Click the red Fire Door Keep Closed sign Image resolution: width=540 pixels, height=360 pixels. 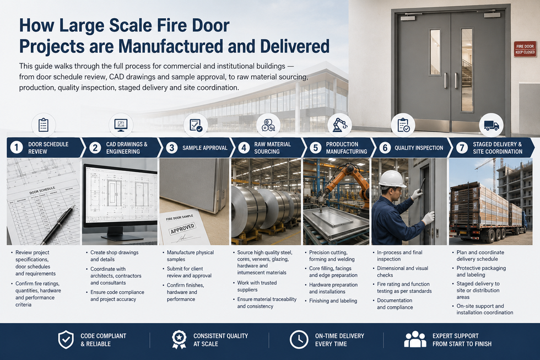[x=525, y=49]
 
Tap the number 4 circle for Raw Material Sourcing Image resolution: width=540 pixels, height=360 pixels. [x=244, y=148]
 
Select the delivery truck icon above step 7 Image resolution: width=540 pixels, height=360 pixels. [x=492, y=125]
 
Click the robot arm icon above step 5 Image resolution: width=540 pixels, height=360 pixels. [x=340, y=125]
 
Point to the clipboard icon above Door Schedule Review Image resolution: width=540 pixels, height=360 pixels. [x=44, y=125]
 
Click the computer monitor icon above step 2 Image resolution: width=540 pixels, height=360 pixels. [x=121, y=125]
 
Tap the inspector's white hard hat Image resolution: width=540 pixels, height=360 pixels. [x=392, y=179]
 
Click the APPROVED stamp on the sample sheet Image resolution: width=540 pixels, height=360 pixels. [x=182, y=228]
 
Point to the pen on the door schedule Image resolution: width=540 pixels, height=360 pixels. [x=58, y=224]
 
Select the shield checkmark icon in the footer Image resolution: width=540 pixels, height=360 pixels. [x=66, y=340]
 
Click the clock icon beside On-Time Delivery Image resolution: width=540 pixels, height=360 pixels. [x=299, y=340]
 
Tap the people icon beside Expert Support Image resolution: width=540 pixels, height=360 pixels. [x=415, y=340]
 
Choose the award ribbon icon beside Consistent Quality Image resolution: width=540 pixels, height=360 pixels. [x=179, y=340]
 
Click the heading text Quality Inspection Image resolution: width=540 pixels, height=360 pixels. [x=419, y=148]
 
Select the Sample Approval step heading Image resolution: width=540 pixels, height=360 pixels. [x=204, y=148]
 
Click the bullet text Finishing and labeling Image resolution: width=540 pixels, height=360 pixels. [x=333, y=301]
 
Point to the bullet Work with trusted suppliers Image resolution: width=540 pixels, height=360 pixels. [x=257, y=286]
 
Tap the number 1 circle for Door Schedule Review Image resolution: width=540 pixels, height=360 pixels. [x=16, y=147]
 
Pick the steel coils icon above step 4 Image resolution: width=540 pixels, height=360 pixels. [x=268, y=125]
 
